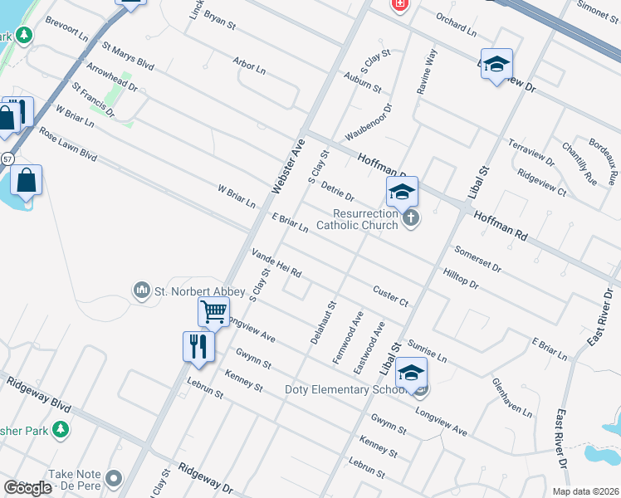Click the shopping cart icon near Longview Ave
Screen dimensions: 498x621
point(213,313)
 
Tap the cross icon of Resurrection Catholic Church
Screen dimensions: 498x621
point(409,219)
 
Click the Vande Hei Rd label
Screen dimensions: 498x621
point(276,262)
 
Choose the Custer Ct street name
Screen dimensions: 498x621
point(390,296)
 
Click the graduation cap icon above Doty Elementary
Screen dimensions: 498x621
point(411,373)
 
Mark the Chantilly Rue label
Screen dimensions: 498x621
point(579,163)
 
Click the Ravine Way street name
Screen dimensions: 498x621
point(427,71)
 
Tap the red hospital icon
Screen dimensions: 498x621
point(400,4)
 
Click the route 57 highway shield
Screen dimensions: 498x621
point(7,158)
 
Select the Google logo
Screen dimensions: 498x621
point(27,487)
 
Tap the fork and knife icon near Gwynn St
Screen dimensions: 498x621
point(198,345)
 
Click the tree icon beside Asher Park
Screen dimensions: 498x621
point(60,429)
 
